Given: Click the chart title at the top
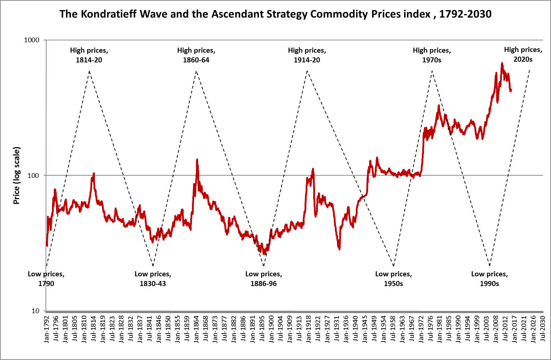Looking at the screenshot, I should (275, 14).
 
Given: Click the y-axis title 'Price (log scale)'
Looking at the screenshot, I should (17, 175).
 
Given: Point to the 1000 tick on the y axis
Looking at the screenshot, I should (31, 40).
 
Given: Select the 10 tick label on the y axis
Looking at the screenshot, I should (35, 311).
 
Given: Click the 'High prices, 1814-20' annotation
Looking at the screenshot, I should (89, 55).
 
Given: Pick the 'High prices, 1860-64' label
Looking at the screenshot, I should (196, 55).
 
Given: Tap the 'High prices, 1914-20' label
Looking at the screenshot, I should (307, 55).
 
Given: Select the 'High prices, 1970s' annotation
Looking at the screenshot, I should (432, 55).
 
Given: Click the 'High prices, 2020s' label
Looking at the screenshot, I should (523, 54).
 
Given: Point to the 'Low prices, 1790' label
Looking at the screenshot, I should (46, 279).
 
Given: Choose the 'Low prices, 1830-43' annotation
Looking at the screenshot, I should (153, 279).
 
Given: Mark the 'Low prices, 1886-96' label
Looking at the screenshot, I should (264, 279).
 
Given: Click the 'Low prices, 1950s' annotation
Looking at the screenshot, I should (393, 279).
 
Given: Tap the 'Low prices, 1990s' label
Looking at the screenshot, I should (489, 279).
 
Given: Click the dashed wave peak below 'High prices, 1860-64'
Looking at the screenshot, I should (196, 71).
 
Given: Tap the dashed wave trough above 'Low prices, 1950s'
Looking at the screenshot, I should (393, 266).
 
